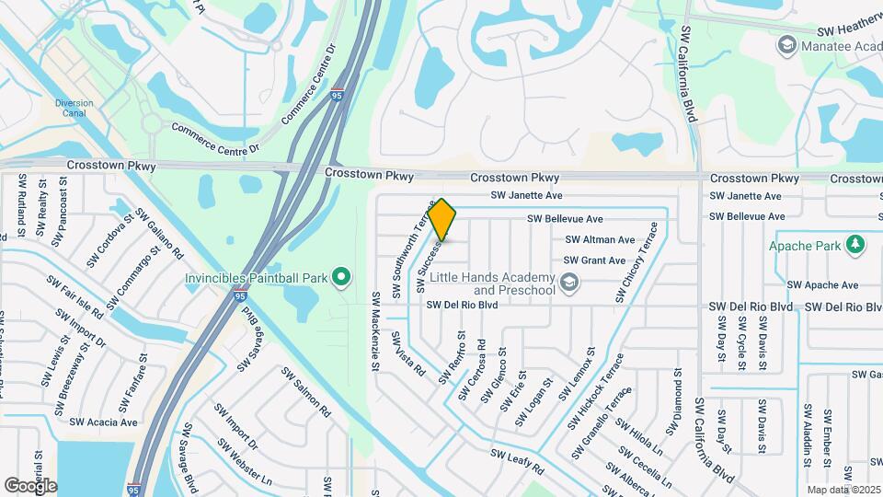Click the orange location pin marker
pyautogui.click(x=442, y=219)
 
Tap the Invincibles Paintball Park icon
pyautogui.click(x=342, y=275)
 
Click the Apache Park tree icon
pyautogui.click(x=856, y=244)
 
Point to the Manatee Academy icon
pyautogui.click(x=786, y=44)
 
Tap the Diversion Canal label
pyautogui.click(x=75, y=109)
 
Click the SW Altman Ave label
pyautogui.click(x=600, y=240)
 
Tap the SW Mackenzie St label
pyautogui.click(x=375, y=331)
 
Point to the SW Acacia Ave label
pyautogui.click(x=103, y=422)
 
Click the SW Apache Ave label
pyautogui.click(x=823, y=285)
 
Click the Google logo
pyautogui.click(x=30, y=485)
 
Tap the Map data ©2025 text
pyautogui.click(x=842, y=490)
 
